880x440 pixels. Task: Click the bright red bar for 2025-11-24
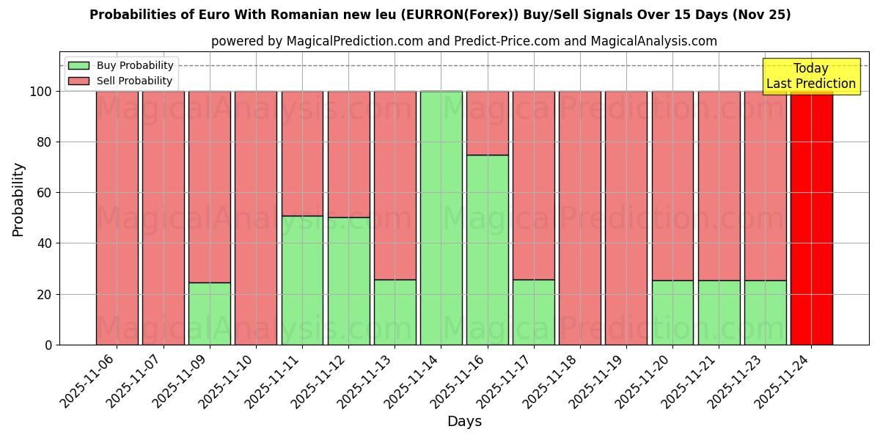pos(811,218)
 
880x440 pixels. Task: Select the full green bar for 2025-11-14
pos(441,218)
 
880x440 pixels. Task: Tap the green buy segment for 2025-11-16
pos(487,249)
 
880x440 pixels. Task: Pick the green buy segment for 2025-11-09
pos(209,313)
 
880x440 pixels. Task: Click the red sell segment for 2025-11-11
pos(302,153)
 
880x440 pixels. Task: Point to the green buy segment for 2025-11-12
pos(348,281)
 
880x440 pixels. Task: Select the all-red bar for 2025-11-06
pos(117,218)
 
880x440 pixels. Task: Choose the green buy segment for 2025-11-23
pos(765,312)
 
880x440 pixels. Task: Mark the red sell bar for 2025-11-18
pos(580,218)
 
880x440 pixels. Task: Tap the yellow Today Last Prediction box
pos(810,76)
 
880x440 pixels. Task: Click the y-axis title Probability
pos(18,199)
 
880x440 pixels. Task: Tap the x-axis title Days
pos(464,422)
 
